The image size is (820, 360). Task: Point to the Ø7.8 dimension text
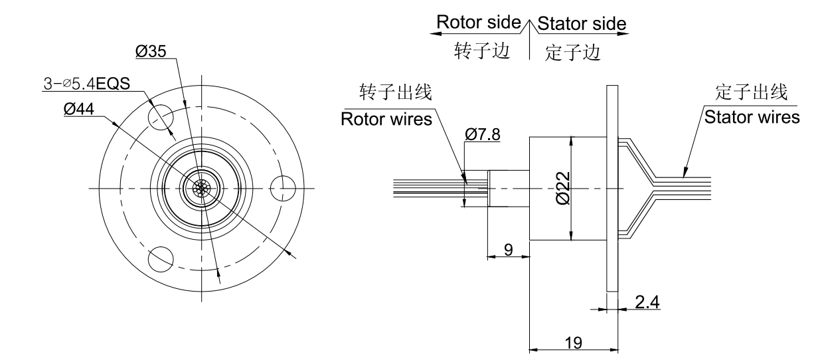pyautogui.click(x=483, y=135)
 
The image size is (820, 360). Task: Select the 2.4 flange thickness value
pyautogui.click(x=647, y=301)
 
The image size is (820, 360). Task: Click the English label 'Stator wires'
pyautogui.click(x=752, y=118)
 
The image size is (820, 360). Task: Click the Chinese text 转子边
pyautogui.click(x=481, y=52)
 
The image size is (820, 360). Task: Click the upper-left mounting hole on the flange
pyautogui.click(x=160, y=118)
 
